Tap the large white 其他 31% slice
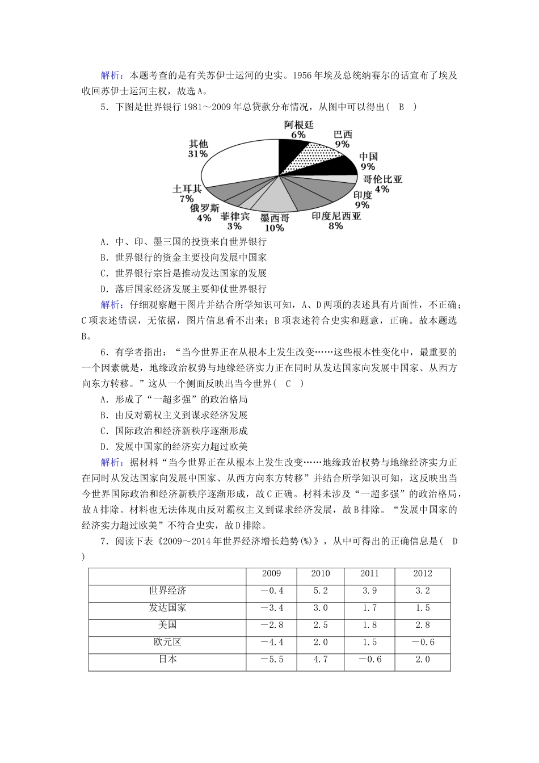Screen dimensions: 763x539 [x=238, y=161]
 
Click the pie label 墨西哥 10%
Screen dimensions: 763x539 [x=275, y=223]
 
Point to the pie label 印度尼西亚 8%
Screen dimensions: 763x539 [x=336, y=221]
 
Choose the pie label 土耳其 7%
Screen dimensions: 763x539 [x=187, y=194]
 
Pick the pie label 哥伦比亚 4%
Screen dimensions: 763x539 [x=382, y=184]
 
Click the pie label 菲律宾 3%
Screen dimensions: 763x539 [x=235, y=221]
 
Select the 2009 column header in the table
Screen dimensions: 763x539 [x=271, y=574]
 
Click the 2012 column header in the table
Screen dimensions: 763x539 [x=423, y=574]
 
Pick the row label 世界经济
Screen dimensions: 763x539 [x=167, y=591]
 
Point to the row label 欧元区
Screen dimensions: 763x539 [x=167, y=642]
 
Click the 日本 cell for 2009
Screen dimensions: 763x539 [x=271, y=660]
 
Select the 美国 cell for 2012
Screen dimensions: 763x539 [x=423, y=625]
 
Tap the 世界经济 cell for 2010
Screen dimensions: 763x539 [x=321, y=591]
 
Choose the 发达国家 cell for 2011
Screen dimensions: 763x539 [x=369, y=608]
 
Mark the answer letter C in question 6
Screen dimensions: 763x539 [x=288, y=383]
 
